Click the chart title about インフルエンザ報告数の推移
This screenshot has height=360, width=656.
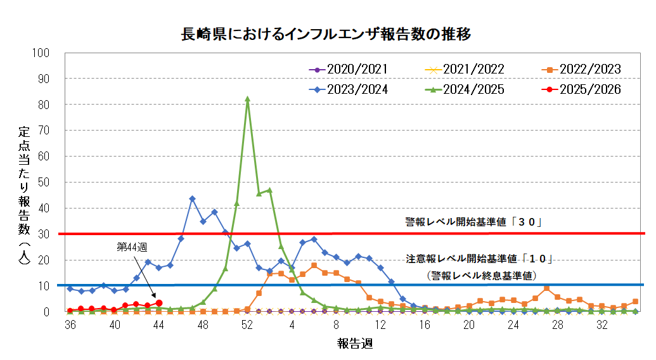tap(326, 34)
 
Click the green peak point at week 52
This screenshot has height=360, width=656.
tap(247, 99)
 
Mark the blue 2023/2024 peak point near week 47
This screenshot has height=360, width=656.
tap(192, 198)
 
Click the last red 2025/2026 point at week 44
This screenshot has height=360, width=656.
tap(159, 303)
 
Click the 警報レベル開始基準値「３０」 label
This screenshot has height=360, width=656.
tap(475, 222)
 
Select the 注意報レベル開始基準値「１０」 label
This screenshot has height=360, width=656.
tap(480, 259)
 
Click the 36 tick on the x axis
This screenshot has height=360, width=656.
tap(70, 325)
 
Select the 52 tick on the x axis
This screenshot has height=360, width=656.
tap(247, 325)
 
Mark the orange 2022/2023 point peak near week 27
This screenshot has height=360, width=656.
tap(546, 288)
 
